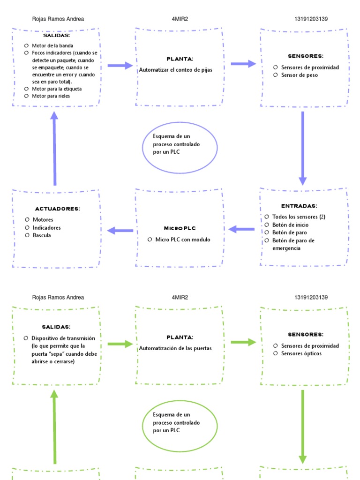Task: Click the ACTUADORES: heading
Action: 57,209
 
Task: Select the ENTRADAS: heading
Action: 299,206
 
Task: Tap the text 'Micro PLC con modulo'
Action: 183,240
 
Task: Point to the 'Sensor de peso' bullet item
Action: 299,75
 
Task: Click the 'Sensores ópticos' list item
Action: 301,353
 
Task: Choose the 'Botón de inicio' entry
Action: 290,225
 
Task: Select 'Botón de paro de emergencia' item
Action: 293,244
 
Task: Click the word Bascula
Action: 42,235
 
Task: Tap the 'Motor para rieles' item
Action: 51,96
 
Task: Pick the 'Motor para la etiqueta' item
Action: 56,89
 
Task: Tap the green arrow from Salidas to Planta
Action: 120,344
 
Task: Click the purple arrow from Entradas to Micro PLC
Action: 242,229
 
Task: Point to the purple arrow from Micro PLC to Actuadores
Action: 120,230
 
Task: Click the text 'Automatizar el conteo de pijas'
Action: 175,70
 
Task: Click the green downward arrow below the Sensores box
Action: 303,427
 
